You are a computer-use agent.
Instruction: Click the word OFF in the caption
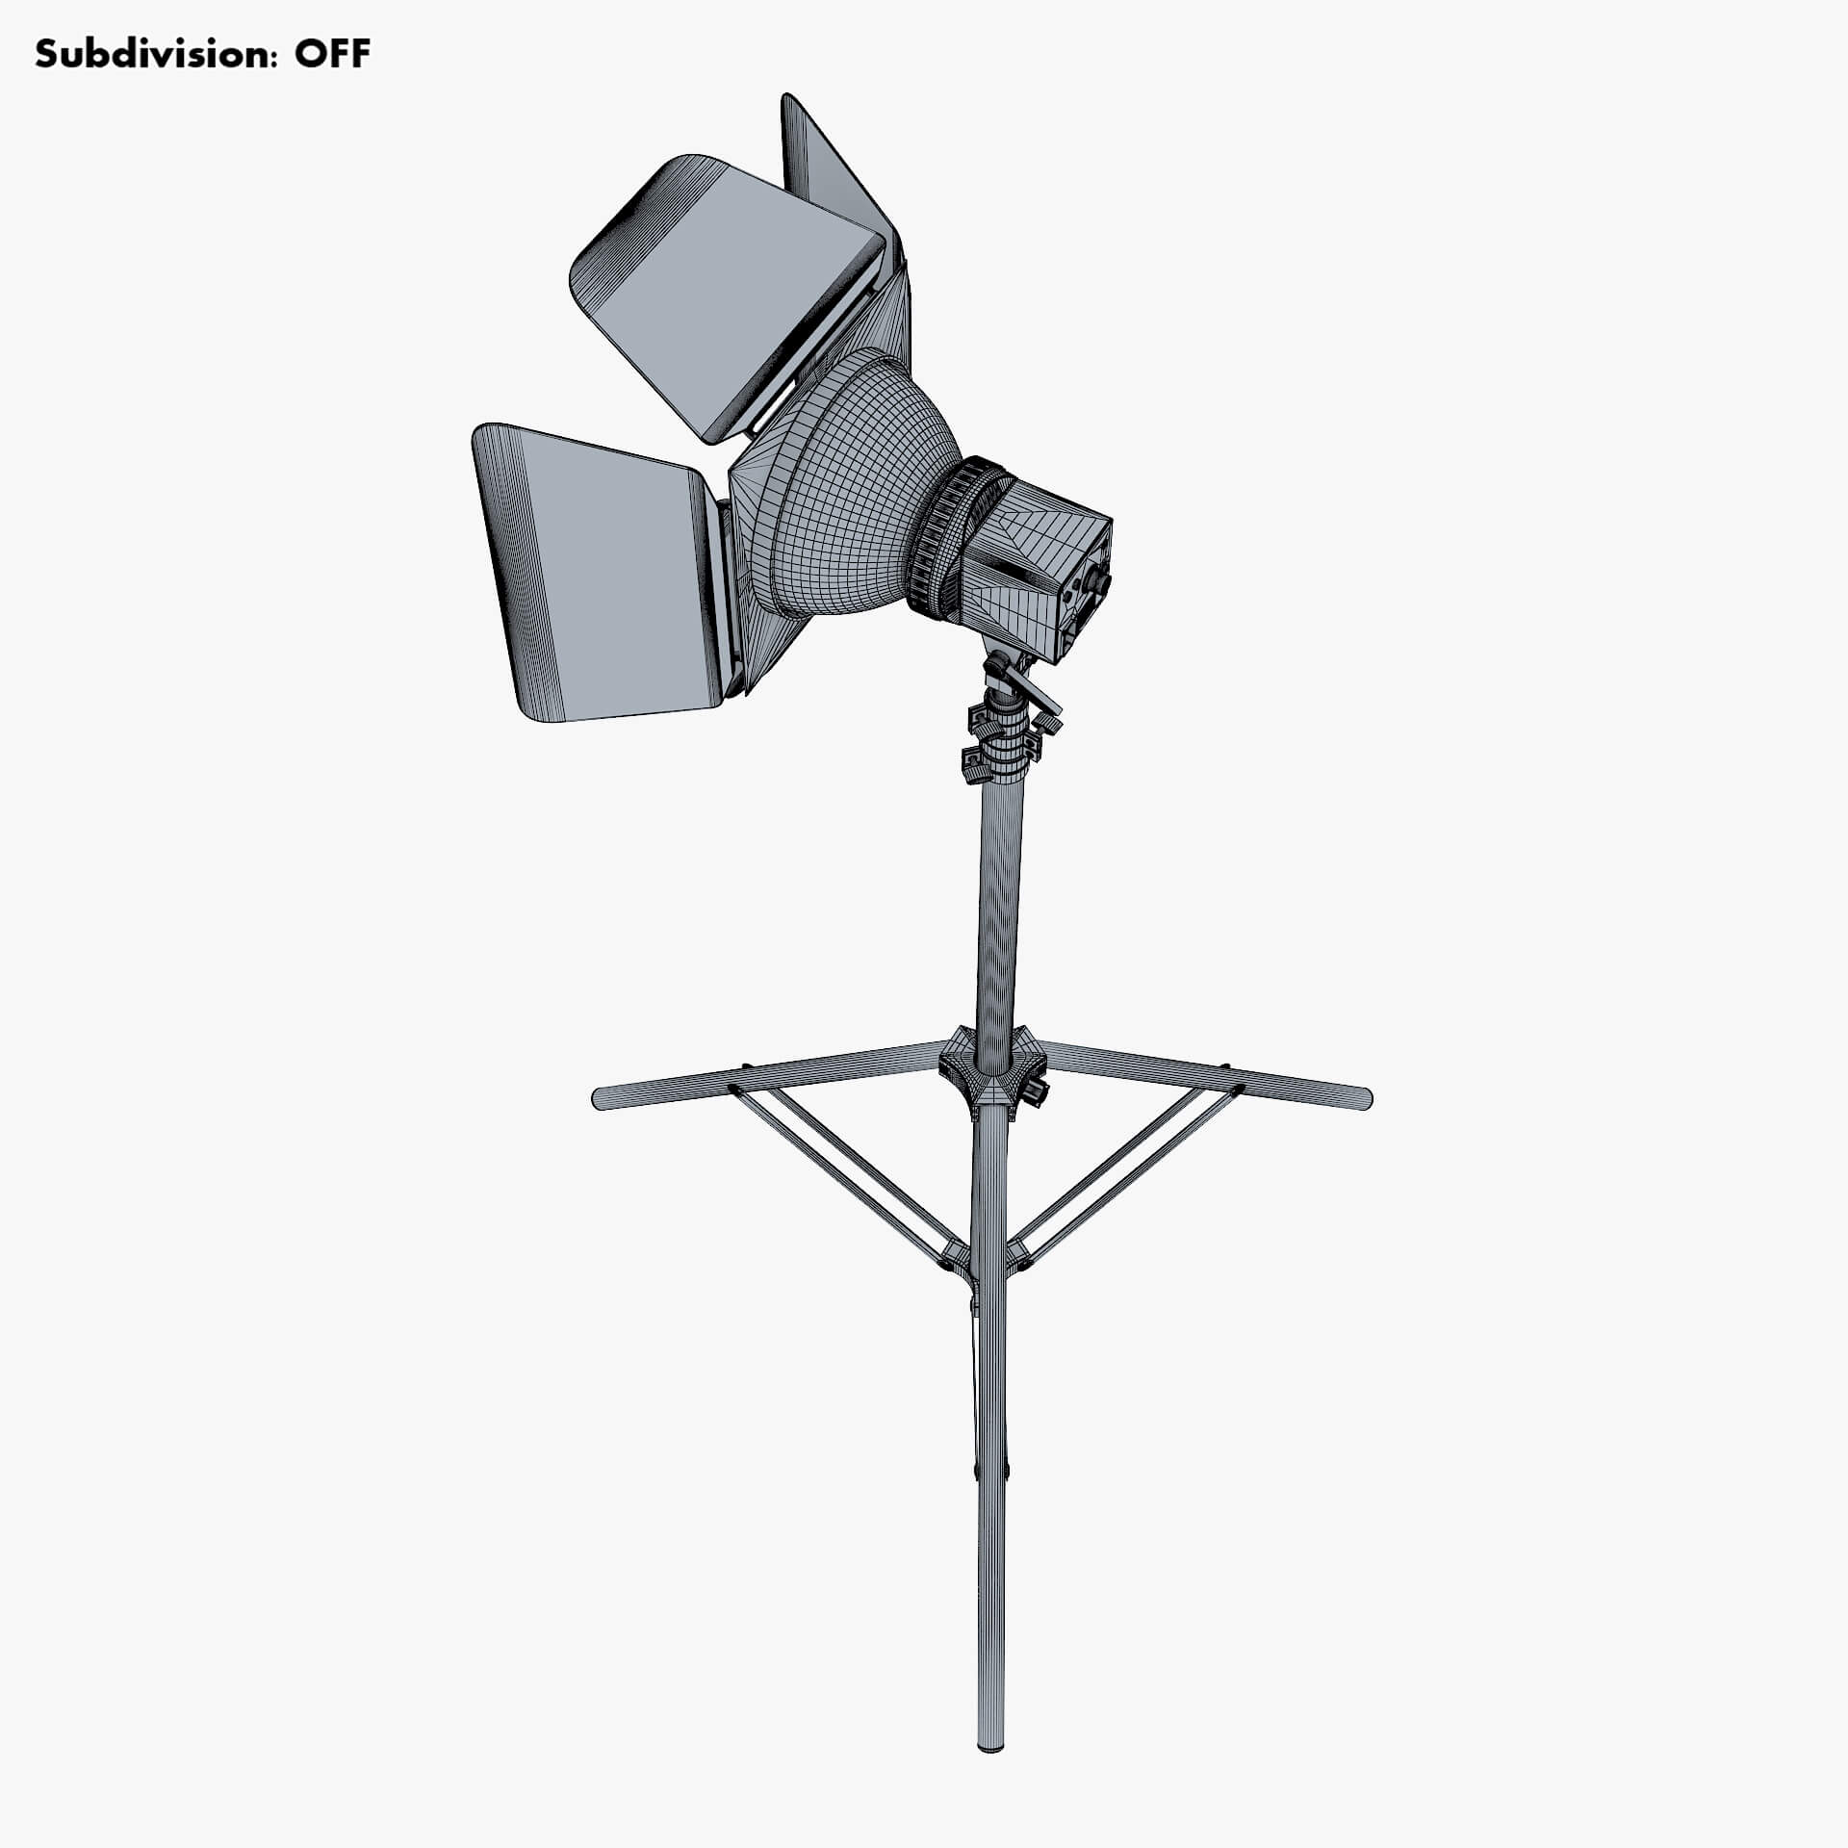coord(331,54)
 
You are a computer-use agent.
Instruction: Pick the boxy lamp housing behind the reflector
coord(1035,568)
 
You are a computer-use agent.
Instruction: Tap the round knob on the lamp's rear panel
coord(1096,583)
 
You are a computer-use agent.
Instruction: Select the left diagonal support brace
coord(847,1174)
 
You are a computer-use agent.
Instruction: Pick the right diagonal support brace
coord(1126,1174)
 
